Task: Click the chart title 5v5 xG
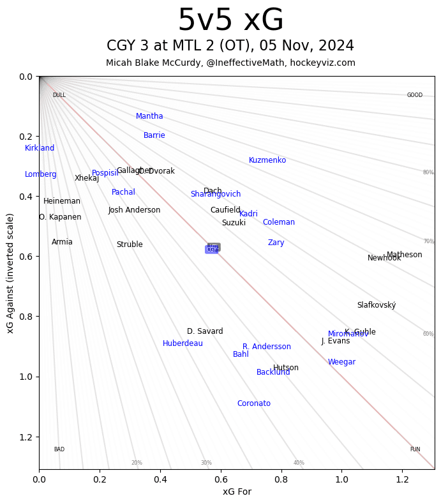230,21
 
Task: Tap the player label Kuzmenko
267,160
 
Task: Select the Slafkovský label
377,305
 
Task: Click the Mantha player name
149,116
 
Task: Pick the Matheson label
404,255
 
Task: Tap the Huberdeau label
183,343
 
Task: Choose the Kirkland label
40,148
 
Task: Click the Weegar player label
341,362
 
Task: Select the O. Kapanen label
60,217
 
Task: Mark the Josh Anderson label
134,210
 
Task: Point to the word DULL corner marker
59,95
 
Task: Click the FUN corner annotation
415,449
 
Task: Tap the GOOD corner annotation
415,95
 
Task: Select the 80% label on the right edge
428,172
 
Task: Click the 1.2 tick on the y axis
27,437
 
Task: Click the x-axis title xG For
237,492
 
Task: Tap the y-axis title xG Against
10,273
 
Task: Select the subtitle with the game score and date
230,46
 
